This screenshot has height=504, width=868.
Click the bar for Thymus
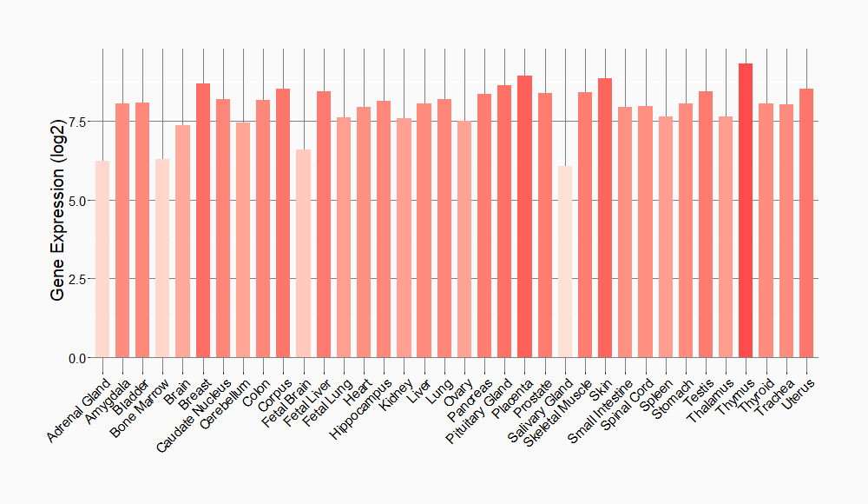pyautogui.click(x=746, y=210)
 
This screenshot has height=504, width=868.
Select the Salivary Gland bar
pyautogui.click(x=565, y=262)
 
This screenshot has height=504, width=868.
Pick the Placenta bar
pyautogui.click(x=524, y=216)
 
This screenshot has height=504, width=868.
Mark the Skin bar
pyautogui.click(x=605, y=217)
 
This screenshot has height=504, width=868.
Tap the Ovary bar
pyautogui.click(x=464, y=239)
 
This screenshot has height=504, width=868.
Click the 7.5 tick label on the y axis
pyautogui.click(x=77, y=121)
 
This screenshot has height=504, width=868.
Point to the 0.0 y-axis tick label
pyautogui.click(x=77, y=358)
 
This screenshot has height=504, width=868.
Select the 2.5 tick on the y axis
pyautogui.click(x=77, y=279)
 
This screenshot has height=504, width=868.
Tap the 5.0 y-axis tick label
pyautogui.click(x=77, y=200)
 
